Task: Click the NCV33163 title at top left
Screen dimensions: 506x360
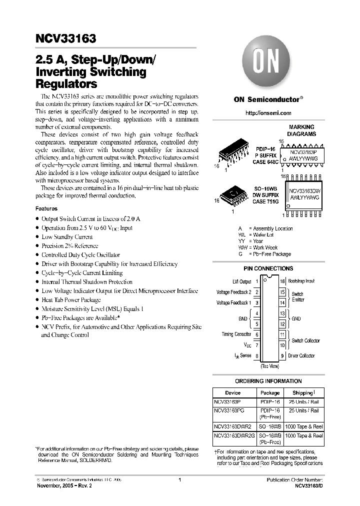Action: click(x=66, y=38)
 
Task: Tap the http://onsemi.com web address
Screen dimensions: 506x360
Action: click(x=268, y=113)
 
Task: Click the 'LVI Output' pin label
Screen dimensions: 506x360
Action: click(x=241, y=282)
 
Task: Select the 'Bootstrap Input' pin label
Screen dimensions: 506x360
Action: click(x=301, y=282)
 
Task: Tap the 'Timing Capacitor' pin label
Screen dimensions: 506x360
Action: click(x=236, y=334)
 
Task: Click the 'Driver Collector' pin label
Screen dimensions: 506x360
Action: click(x=301, y=355)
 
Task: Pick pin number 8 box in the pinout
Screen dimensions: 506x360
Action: click(x=257, y=356)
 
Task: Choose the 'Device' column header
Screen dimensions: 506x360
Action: click(x=232, y=393)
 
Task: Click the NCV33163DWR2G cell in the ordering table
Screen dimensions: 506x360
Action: click(x=234, y=435)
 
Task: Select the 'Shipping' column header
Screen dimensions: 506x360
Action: click(x=303, y=393)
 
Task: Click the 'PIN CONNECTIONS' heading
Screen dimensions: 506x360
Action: click(x=268, y=269)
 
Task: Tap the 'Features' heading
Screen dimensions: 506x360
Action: click(x=46, y=208)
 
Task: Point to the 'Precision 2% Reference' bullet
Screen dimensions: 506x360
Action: click(x=69, y=246)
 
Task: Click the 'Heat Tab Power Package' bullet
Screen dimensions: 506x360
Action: click(x=71, y=300)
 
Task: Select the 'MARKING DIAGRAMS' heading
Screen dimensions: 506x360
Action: click(x=301, y=130)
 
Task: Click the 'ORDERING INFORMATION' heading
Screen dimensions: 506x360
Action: click(x=268, y=381)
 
